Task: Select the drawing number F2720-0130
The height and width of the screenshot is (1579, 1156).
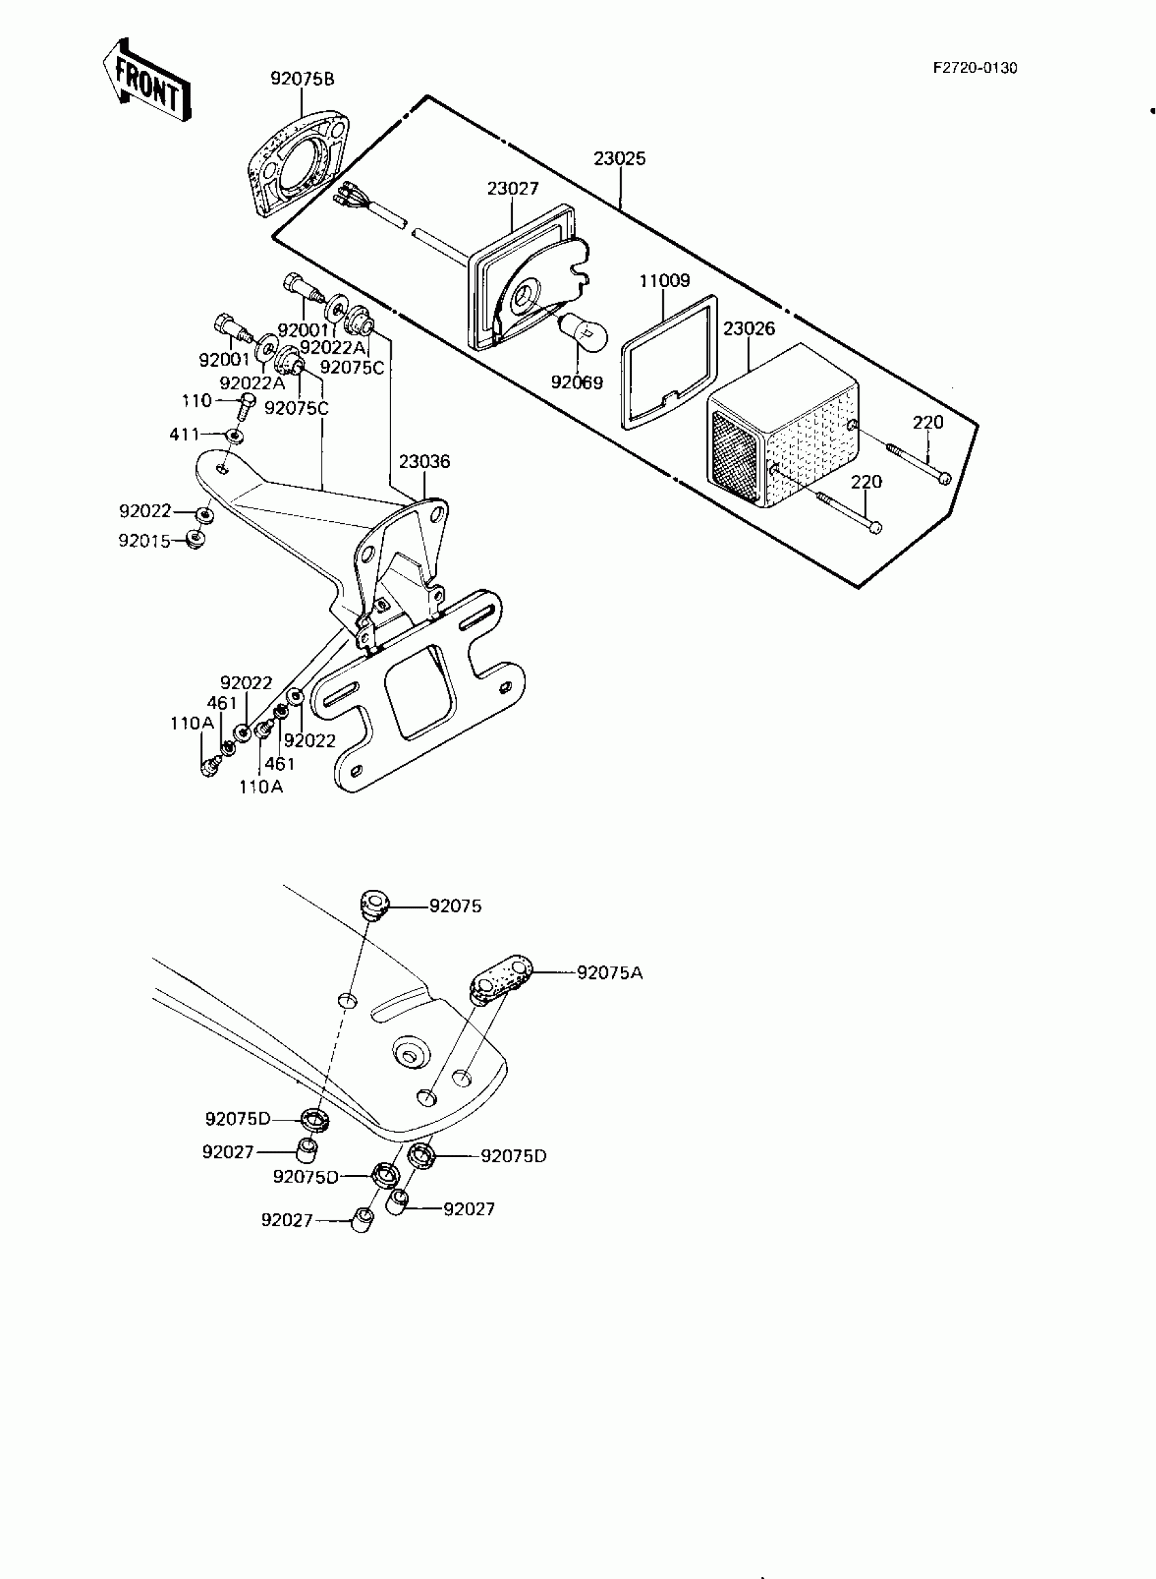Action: [974, 68]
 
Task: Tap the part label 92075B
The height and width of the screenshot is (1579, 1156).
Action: [303, 79]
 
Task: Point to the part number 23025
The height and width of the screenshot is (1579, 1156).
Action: [619, 159]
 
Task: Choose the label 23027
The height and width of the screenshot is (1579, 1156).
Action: [513, 188]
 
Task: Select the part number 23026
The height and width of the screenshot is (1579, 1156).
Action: [749, 329]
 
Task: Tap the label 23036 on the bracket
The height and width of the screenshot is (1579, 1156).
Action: [424, 462]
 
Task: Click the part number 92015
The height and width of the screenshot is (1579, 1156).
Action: [144, 541]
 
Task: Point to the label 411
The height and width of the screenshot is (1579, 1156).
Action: [184, 435]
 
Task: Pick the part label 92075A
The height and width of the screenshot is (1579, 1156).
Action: [609, 974]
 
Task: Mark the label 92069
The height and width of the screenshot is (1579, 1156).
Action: [577, 383]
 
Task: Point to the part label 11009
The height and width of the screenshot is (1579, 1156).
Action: [664, 281]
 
